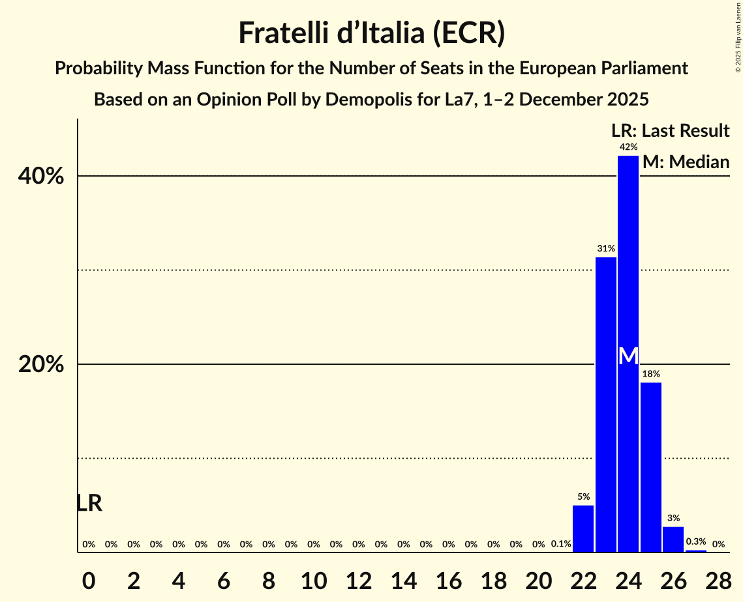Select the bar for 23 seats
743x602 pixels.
coord(606,404)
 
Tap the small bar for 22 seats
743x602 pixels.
coord(583,528)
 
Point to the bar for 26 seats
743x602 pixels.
coord(673,539)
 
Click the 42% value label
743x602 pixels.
coord(628,147)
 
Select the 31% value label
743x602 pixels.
coord(606,249)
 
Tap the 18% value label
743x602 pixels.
coord(651,374)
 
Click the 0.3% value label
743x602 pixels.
coord(695,541)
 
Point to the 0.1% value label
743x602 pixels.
coord(561,544)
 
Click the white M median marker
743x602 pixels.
coord(628,356)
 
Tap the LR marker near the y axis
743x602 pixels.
coord(89,503)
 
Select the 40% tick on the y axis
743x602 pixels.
coord(41,177)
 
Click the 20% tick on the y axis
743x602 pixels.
coord(41,365)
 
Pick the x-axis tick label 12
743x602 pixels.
coord(358,579)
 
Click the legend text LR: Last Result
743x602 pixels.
coord(670,131)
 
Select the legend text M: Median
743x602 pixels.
coord(686,162)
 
